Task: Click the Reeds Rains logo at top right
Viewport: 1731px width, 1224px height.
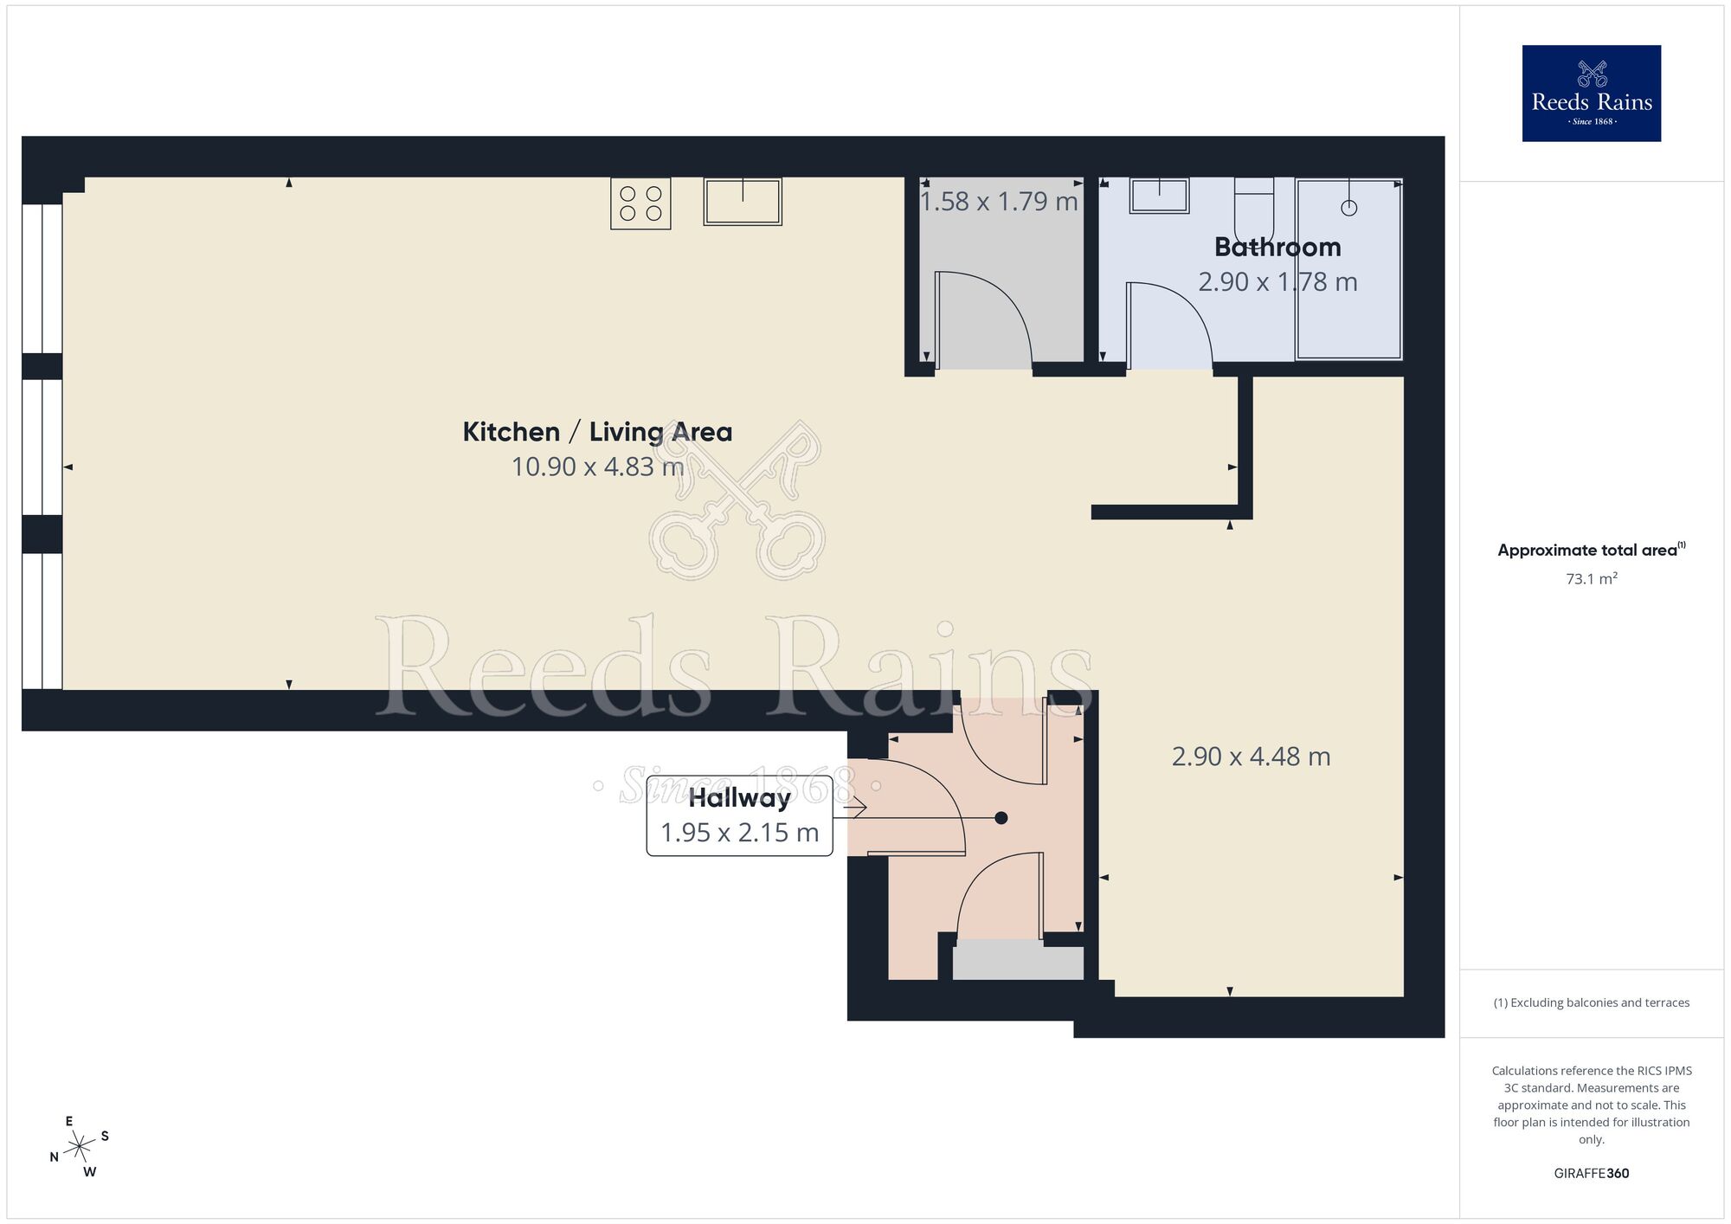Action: point(1591,93)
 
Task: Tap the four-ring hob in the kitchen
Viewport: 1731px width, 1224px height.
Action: point(640,203)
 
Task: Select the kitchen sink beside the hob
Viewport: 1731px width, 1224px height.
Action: point(743,202)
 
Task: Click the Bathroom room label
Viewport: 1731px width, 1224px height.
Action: point(1277,248)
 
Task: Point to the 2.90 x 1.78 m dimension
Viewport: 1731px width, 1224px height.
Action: point(1277,282)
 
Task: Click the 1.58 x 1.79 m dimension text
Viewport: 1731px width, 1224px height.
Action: point(998,202)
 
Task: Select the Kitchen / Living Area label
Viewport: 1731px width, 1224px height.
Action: point(597,432)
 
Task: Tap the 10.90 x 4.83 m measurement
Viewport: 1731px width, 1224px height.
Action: point(597,467)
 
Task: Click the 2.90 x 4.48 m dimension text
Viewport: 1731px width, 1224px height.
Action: point(1251,757)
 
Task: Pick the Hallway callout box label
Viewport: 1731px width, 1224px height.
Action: point(739,798)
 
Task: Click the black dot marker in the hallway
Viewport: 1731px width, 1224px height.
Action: point(1001,818)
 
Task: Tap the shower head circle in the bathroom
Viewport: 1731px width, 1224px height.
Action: point(1348,208)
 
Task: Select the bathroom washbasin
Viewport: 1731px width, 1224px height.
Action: point(1159,196)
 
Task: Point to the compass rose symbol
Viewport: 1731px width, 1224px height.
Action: point(80,1148)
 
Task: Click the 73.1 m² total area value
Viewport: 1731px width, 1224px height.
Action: point(1591,579)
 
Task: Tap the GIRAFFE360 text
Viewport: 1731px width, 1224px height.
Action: point(1591,1174)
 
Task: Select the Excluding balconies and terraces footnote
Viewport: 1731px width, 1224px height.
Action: point(1591,1002)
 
